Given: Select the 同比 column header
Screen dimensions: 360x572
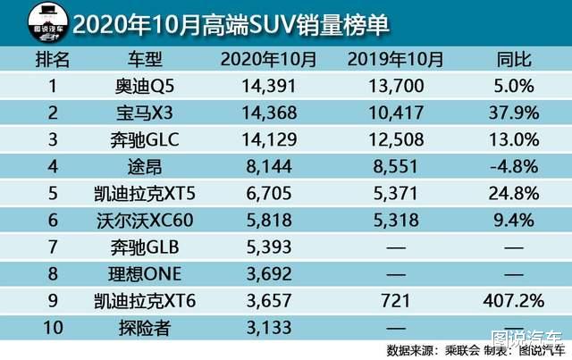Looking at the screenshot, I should pyautogui.click(x=513, y=61).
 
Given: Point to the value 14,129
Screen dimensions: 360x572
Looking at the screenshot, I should pyautogui.click(x=268, y=139).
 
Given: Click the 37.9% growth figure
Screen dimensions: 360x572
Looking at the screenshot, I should pyautogui.click(x=513, y=113).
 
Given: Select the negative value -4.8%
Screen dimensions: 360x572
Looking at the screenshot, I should pyautogui.click(x=513, y=165).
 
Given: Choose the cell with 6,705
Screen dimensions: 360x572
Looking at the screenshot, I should pyautogui.click(x=268, y=191).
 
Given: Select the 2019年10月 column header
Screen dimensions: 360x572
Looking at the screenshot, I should pyautogui.click(x=393, y=61).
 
